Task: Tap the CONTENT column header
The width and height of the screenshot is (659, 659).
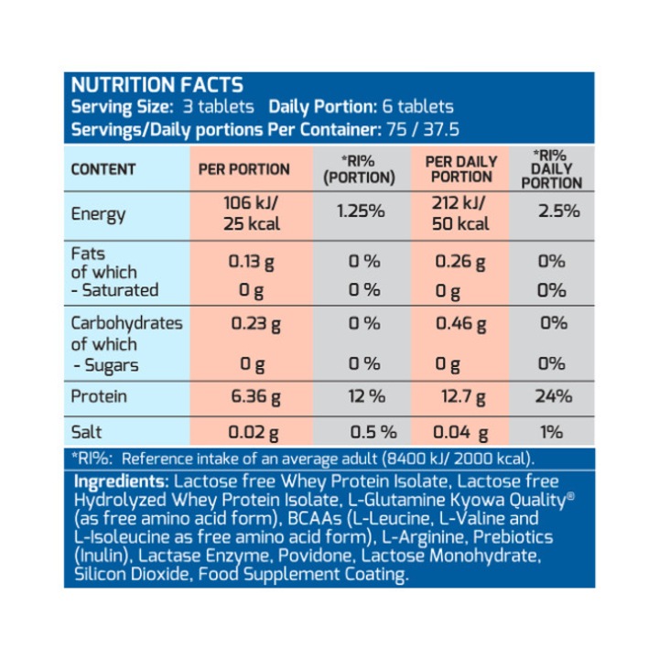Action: (x=103, y=169)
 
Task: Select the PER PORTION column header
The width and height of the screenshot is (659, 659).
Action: (x=243, y=169)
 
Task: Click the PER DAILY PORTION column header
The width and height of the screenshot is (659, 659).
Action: (x=461, y=168)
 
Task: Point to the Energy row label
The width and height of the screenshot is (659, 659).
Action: (x=98, y=215)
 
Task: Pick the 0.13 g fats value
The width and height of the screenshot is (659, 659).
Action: (x=251, y=262)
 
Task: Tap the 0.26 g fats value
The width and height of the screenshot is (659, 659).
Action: (x=460, y=262)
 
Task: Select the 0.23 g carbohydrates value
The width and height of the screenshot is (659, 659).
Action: (x=251, y=324)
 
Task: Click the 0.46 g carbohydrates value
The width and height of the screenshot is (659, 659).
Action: (x=460, y=324)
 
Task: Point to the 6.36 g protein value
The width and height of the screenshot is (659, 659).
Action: (x=251, y=397)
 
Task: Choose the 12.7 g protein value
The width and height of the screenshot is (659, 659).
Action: (x=460, y=397)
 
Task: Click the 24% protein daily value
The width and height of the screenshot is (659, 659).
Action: (x=556, y=397)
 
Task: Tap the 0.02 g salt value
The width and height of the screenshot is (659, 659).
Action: (x=251, y=431)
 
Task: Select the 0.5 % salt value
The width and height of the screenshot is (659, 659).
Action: (x=373, y=431)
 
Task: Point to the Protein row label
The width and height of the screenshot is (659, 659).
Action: (x=99, y=397)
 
